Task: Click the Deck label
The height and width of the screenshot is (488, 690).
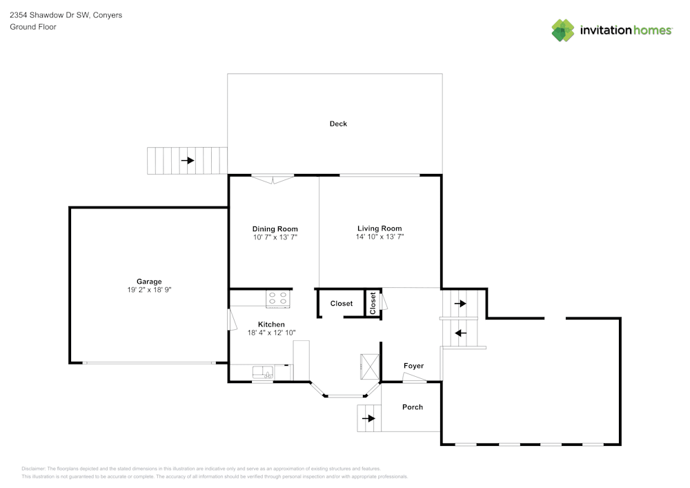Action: pyautogui.click(x=338, y=124)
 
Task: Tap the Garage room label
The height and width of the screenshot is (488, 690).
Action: pyautogui.click(x=149, y=282)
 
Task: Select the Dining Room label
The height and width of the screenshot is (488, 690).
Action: pyautogui.click(x=275, y=229)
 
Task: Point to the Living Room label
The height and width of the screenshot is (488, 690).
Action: pyautogui.click(x=379, y=228)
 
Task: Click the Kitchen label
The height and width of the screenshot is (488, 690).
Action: pyautogui.click(x=271, y=324)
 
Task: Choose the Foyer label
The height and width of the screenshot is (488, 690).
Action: pyautogui.click(x=413, y=366)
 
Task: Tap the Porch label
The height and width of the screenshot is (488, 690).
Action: pyautogui.click(x=413, y=407)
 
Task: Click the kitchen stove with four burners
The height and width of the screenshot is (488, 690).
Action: pyautogui.click(x=278, y=298)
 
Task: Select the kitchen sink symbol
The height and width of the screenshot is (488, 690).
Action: pyautogui.click(x=263, y=372)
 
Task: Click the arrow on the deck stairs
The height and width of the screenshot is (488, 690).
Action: pyautogui.click(x=188, y=160)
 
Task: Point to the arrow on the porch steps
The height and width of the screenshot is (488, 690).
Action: pyautogui.click(x=368, y=418)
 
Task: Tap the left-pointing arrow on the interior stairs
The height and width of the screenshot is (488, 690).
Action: pyautogui.click(x=460, y=333)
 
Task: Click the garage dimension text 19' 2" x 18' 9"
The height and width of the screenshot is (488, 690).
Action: pyautogui.click(x=149, y=290)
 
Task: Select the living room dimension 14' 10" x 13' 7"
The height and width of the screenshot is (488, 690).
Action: pyautogui.click(x=379, y=237)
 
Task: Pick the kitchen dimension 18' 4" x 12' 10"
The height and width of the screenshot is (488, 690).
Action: pyautogui.click(x=271, y=333)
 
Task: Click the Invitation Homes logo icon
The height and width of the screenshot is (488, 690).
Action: pyautogui.click(x=563, y=30)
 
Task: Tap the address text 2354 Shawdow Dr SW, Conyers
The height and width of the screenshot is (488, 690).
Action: pyautogui.click(x=66, y=15)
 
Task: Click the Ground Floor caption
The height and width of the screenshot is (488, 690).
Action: pyautogui.click(x=33, y=27)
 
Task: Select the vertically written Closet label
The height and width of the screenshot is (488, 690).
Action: pyautogui.click(x=373, y=303)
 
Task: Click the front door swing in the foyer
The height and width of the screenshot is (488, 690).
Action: pyautogui.click(x=413, y=378)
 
